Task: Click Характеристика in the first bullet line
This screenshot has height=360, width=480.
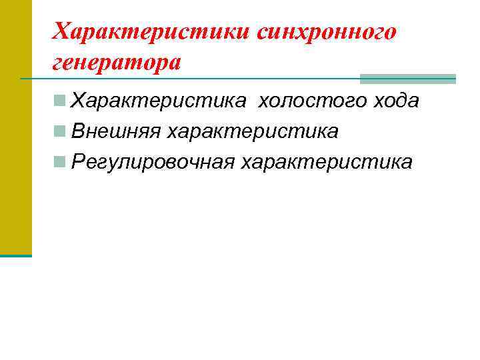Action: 159,101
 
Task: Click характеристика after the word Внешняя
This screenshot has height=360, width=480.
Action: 253,131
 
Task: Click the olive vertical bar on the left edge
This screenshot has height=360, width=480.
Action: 15,127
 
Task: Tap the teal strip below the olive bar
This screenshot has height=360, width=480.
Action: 15,255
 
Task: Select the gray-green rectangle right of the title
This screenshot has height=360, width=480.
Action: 407,79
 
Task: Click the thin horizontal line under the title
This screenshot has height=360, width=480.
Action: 200,79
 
